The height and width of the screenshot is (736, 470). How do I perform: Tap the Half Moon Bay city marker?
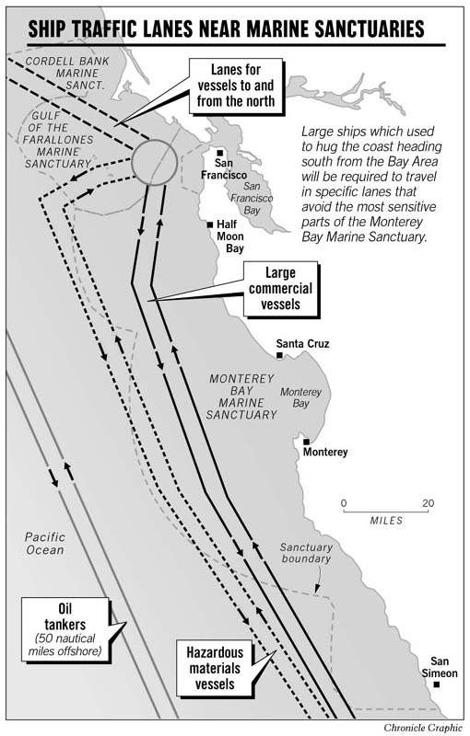tap(211, 224)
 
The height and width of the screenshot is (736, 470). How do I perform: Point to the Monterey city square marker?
tap(306, 442)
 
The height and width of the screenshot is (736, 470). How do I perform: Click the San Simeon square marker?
tap(439, 684)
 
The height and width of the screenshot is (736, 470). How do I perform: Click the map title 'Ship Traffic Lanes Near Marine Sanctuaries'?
tap(226, 30)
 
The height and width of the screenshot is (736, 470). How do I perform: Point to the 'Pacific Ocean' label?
tap(45, 543)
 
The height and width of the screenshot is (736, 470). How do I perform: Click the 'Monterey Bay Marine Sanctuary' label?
tap(242, 397)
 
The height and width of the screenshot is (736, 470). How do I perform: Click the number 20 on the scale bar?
tap(429, 503)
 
